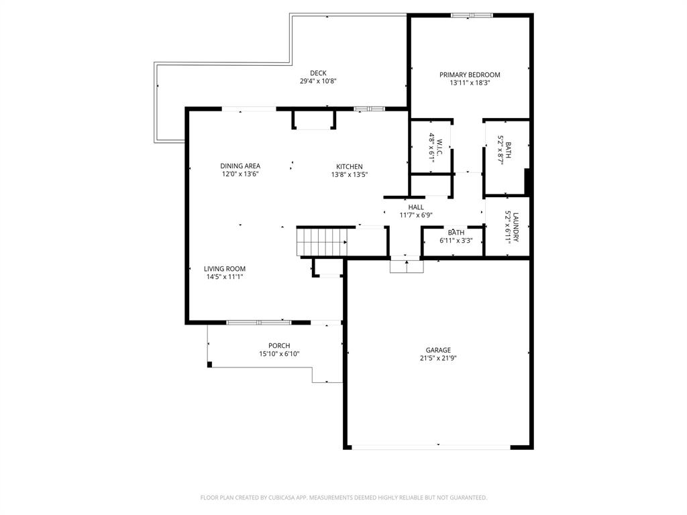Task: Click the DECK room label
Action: tap(318, 73)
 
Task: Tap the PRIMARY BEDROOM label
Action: tap(470, 75)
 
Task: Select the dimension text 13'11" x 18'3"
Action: tap(470, 83)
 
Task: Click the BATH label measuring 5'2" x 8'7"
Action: tap(508, 150)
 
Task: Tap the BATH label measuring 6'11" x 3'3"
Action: tap(456, 233)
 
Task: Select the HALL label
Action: tap(416, 207)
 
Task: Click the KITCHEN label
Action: tap(349, 167)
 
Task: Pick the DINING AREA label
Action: tap(240, 166)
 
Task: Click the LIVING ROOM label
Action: tap(225, 269)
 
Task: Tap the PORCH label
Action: tap(279, 346)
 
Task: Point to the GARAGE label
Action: tap(438, 350)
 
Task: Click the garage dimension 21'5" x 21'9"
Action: tap(438, 358)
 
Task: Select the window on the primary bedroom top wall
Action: tap(472, 15)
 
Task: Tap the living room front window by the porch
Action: tap(258, 323)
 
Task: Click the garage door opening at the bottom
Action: tap(431, 447)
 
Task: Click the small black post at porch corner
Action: tap(210, 365)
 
